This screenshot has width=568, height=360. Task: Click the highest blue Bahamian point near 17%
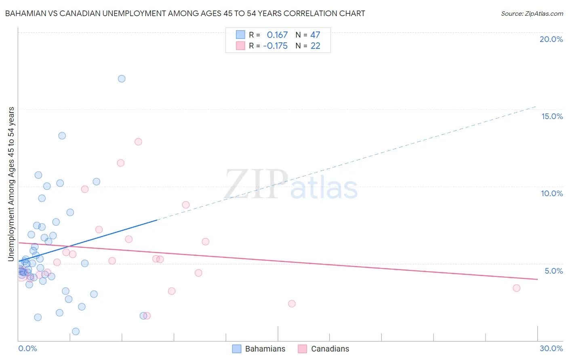click(122, 79)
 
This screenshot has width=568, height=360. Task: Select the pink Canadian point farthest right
click(516, 288)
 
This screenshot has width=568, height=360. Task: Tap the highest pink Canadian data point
click(138, 142)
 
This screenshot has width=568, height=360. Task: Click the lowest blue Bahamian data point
click(76, 331)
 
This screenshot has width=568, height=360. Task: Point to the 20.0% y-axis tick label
click(551, 39)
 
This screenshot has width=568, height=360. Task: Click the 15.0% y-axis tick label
click(552, 116)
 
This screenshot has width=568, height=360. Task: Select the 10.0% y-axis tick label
click(552, 193)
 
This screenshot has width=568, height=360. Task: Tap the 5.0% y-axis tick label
click(553, 271)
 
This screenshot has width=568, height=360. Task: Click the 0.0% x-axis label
click(27, 348)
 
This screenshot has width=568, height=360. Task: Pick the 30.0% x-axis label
click(551, 348)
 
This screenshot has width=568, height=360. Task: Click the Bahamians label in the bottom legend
click(265, 349)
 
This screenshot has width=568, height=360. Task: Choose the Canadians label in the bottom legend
click(330, 349)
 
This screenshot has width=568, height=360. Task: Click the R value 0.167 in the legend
click(277, 35)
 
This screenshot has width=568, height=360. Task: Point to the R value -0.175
click(275, 46)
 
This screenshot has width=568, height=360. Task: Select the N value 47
click(315, 35)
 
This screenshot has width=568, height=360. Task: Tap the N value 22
click(315, 46)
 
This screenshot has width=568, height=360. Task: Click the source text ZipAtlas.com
click(532, 14)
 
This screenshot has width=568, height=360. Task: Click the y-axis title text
click(11, 184)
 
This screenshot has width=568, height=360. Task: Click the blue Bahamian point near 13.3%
click(62, 136)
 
